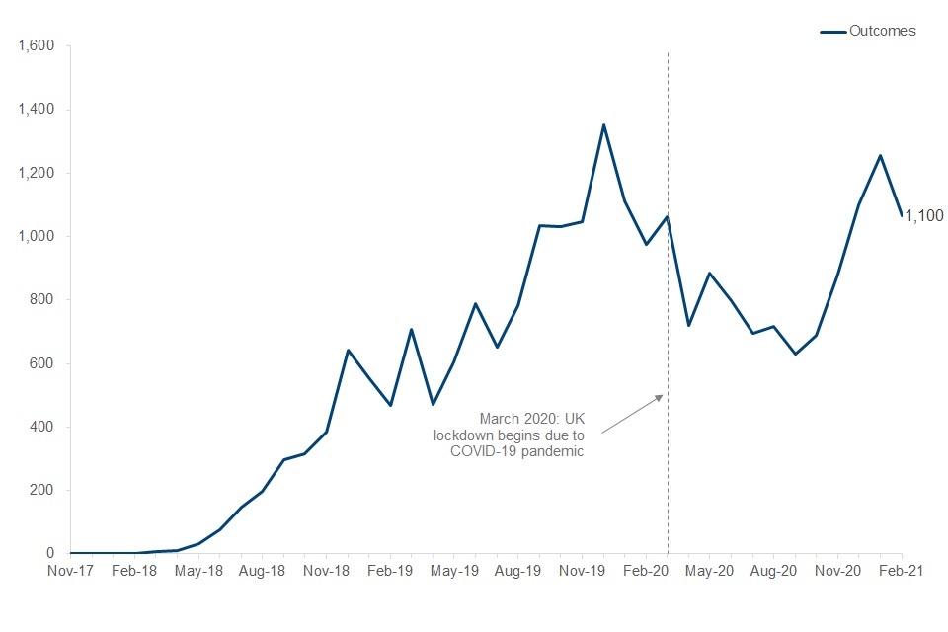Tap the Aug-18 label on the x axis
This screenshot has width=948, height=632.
coord(262,571)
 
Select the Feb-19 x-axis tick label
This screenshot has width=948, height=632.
coord(390,571)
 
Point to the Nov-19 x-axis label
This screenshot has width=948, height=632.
coord(583,571)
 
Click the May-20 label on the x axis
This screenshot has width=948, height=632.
coord(711,571)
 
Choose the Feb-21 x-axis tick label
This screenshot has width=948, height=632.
coord(902,571)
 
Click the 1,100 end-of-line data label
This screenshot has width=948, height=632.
coord(925,215)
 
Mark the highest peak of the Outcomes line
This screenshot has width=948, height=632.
coord(603,124)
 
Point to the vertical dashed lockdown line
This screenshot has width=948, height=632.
coord(669,296)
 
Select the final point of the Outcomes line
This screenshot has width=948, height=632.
coord(901,215)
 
